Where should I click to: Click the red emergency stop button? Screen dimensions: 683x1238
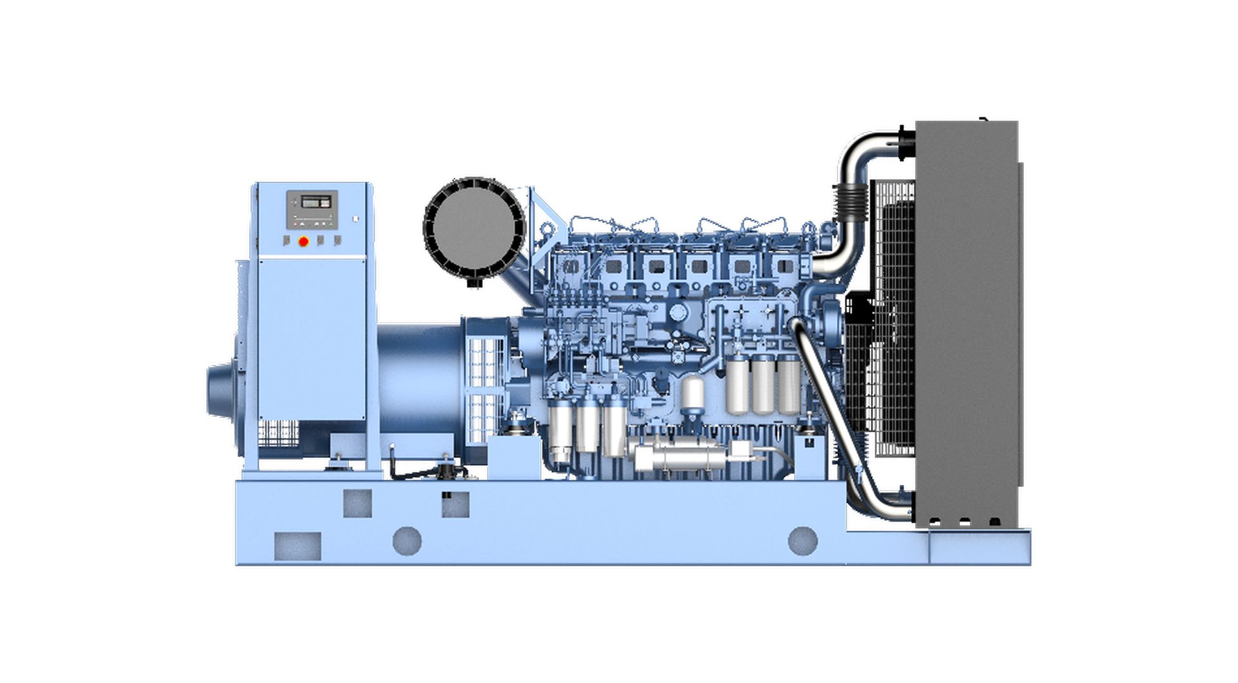[304, 241]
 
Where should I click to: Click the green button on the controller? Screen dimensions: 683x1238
[331, 224]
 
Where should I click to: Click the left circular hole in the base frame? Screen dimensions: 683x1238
[407, 540]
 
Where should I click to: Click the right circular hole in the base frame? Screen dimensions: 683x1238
[803, 540]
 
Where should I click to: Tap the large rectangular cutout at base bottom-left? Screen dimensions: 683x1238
[297, 546]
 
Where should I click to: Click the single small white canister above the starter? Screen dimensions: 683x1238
[693, 393]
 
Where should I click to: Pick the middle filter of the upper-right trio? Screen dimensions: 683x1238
[763, 385]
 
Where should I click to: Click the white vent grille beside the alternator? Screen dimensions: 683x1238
[484, 387]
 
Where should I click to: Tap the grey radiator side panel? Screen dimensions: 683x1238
[966, 322]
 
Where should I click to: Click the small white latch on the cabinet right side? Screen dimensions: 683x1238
[355, 219]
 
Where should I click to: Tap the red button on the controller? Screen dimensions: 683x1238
[295, 224]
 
